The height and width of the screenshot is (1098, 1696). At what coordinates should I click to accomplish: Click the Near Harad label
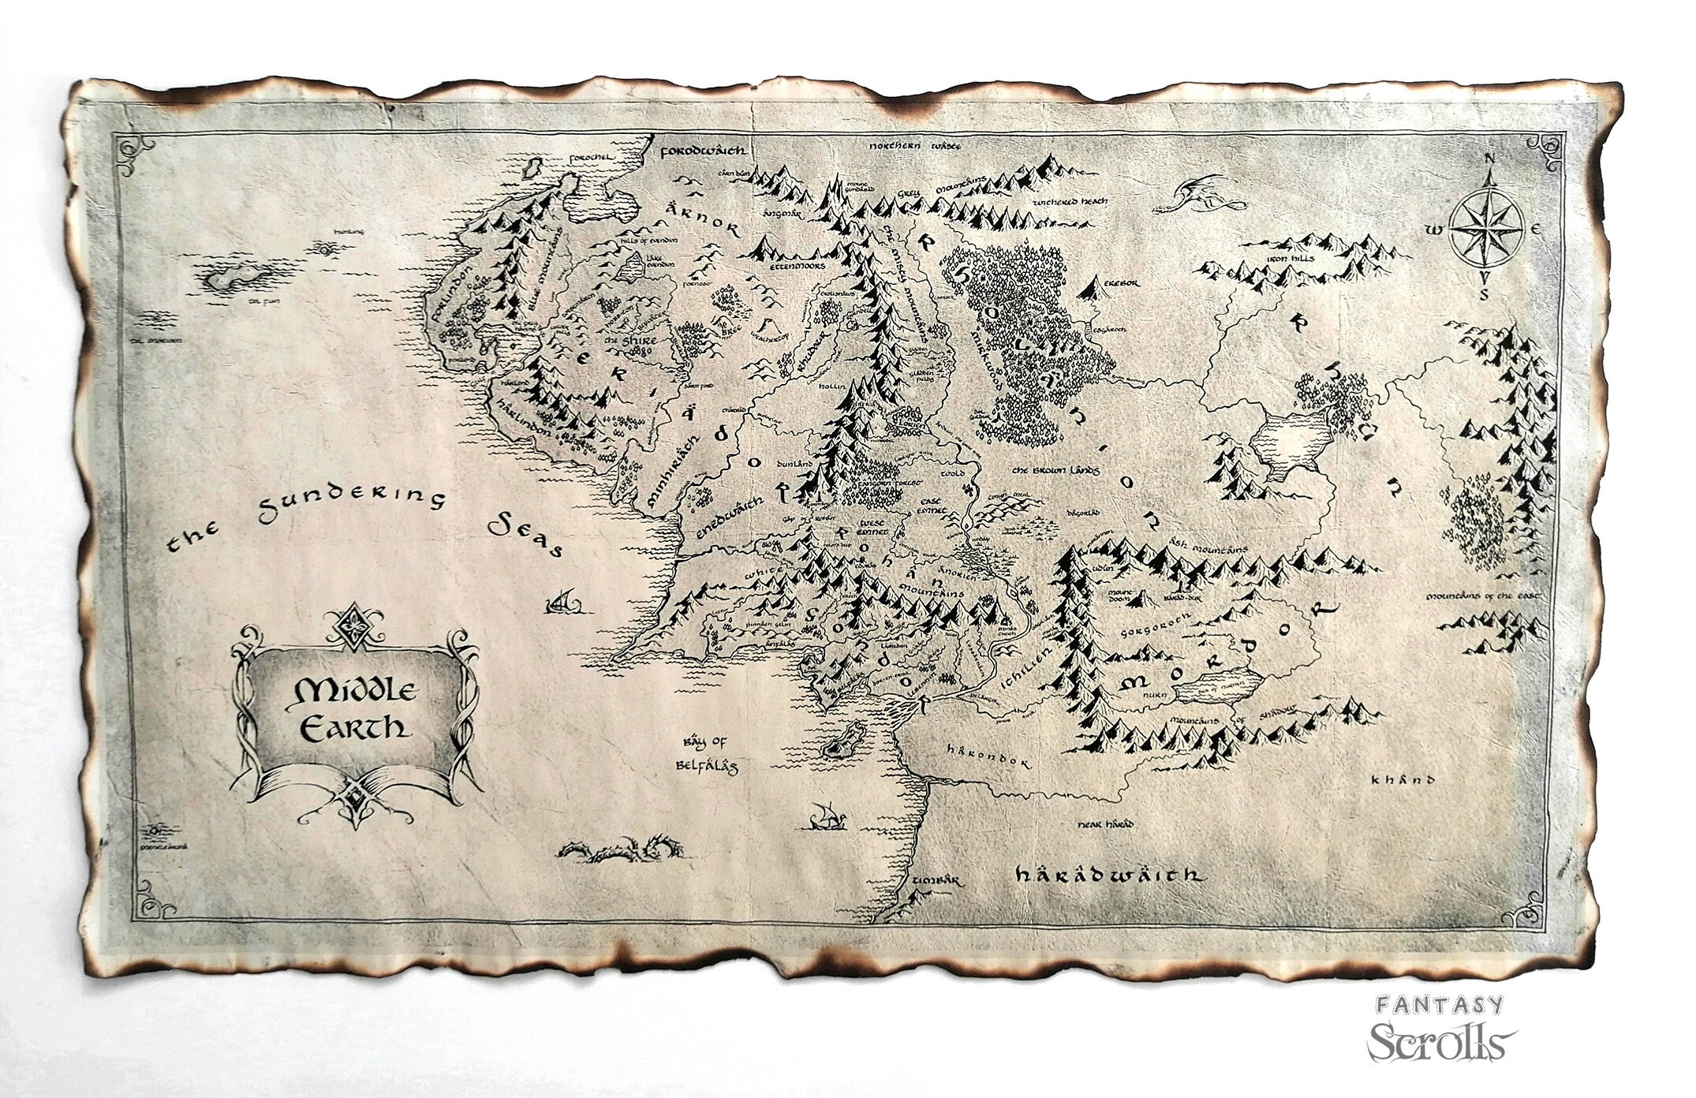pos(1106,824)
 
